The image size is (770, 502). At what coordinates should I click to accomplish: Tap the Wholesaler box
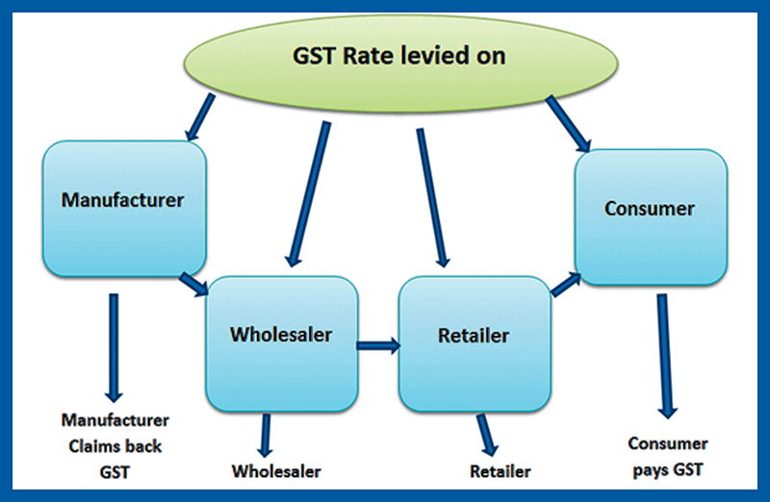tap(281, 335)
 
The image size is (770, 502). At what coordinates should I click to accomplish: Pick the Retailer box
tap(474, 337)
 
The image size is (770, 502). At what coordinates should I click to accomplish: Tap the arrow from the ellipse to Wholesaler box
tap(308, 192)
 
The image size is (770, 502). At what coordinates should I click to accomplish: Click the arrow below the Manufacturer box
tap(114, 346)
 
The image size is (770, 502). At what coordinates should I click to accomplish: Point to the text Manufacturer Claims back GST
tap(115, 446)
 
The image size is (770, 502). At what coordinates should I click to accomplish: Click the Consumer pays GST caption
tap(667, 456)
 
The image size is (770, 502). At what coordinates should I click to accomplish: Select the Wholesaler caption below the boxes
tap(276, 471)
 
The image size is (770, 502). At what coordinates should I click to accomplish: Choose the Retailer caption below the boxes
tap(500, 471)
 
